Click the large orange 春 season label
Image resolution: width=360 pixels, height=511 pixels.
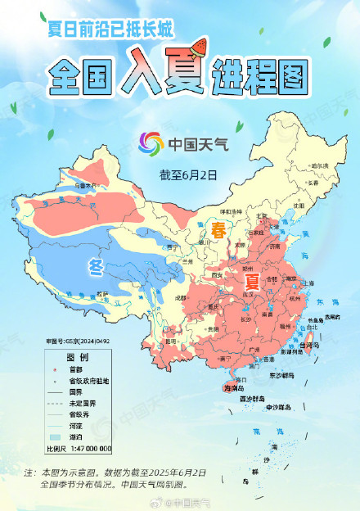click(x=219, y=228)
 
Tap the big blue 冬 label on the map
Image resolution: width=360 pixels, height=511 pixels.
click(x=97, y=266)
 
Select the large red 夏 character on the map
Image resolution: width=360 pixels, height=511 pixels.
click(x=252, y=283)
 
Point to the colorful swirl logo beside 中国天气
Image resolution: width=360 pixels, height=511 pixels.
click(x=151, y=142)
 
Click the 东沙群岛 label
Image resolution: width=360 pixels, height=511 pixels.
click(x=282, y=375)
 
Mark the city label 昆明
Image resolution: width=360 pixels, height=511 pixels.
click(x=170, y=340)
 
